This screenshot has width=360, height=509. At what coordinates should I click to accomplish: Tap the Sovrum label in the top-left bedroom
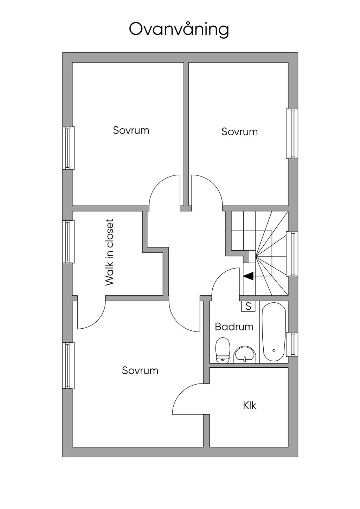tap(131, 130)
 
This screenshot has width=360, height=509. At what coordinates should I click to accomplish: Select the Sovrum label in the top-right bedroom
tap(239, 132)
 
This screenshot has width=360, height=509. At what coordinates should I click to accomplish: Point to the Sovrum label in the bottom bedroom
tap(140, 371)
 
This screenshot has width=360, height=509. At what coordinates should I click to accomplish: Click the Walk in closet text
tap(109, 252)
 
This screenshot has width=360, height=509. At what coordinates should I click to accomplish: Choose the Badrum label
tap(234, 327)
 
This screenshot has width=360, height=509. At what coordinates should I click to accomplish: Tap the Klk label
tap(250, 405)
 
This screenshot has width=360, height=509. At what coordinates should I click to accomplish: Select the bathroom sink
tap(245, 354)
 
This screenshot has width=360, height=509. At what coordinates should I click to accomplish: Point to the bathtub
tap(274, 332)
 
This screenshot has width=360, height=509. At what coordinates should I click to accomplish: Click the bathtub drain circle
tap(274, 350)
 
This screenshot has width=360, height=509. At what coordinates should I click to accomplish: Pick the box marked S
tap(249, 306)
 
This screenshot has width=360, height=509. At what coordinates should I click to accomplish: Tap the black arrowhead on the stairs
tap(248, 276)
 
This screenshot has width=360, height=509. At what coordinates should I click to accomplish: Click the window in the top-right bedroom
tap(292, 133)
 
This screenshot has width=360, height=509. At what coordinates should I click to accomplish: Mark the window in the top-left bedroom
tap(69, 148)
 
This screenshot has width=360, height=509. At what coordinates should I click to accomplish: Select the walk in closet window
tap(69, 241)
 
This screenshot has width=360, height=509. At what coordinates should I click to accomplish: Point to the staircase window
tap(292, 254)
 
